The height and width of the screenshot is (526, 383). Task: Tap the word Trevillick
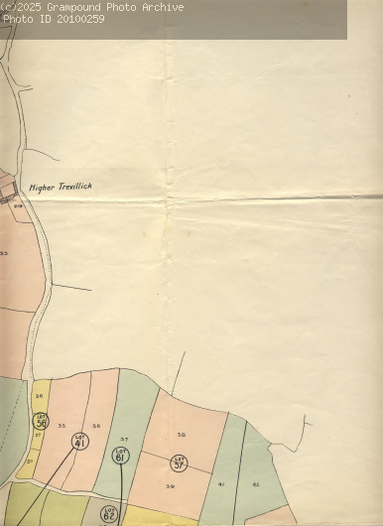pyautogui.click(x=77, y=186)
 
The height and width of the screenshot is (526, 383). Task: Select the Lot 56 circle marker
pyautogui.click(x=41, y=421)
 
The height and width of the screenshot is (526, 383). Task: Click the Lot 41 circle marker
pyautogui.click(x=80, y=443)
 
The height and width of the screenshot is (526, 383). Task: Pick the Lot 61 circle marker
pyautogui.click(x=120, y=456)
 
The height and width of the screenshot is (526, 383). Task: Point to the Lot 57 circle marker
pyautogui.click(x=179, y=462)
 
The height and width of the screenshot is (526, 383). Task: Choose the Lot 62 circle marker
pyautogui.click(x=109, y=514)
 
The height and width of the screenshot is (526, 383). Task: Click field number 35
pyautogui.click(x=62, y=426)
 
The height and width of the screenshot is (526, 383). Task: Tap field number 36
pyautogui.click(x=96, y=426)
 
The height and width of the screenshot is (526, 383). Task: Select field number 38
pyautogui.click(x=181, y=435)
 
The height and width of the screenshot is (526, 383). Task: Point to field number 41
pyautogui.click(x=221, y=483)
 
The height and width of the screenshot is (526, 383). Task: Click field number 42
pyautogui.click(x=255, y=483)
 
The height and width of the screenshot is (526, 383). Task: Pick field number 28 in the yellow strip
pyautogui.click(x=39, y=395)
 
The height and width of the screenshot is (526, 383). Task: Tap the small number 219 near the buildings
pyautogui.click(x=18, y=205)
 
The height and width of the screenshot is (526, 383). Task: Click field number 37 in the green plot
pyautogui.click(x=124, y=439)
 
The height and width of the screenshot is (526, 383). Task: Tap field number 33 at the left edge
pyautogui.click(x=4, y=254)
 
